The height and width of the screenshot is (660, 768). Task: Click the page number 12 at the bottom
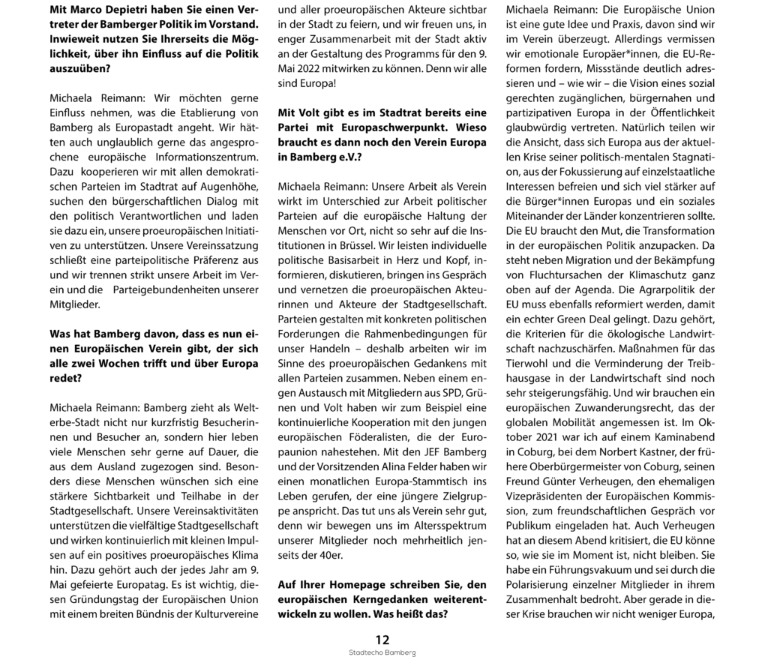tap(383, 640)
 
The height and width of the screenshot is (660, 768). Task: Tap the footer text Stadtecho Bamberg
tap(383, 653)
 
